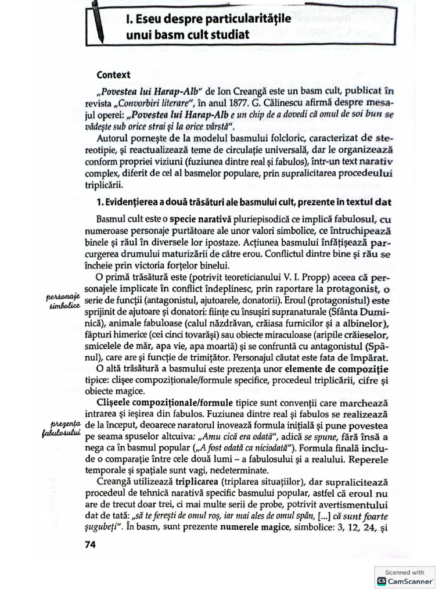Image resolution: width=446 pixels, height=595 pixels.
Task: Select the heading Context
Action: tap(114, 74)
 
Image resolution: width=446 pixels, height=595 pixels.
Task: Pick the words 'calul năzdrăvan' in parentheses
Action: tap(213, 324)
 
